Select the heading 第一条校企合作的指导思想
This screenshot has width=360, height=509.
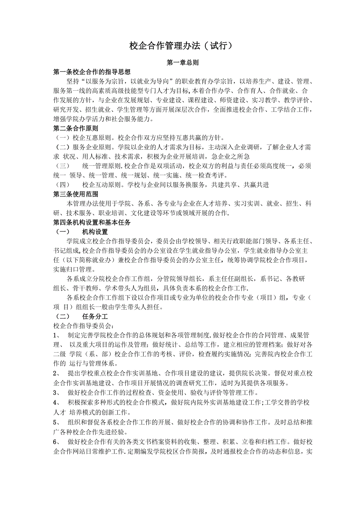(x=92, y=72)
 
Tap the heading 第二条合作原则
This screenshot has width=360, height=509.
(x=76, y=128)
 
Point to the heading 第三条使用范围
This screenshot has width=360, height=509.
(x=76, y=194)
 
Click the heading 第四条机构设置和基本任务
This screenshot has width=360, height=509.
(x=92, y=222)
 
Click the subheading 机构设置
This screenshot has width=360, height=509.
(x=95, y=232)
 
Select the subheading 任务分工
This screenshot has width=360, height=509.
(x=95, y=316)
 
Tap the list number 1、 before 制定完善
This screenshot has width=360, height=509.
(x=56, y=335)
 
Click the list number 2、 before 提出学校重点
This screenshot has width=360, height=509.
(x=56, y=373)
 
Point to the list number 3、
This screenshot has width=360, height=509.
(x=56, y=392)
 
